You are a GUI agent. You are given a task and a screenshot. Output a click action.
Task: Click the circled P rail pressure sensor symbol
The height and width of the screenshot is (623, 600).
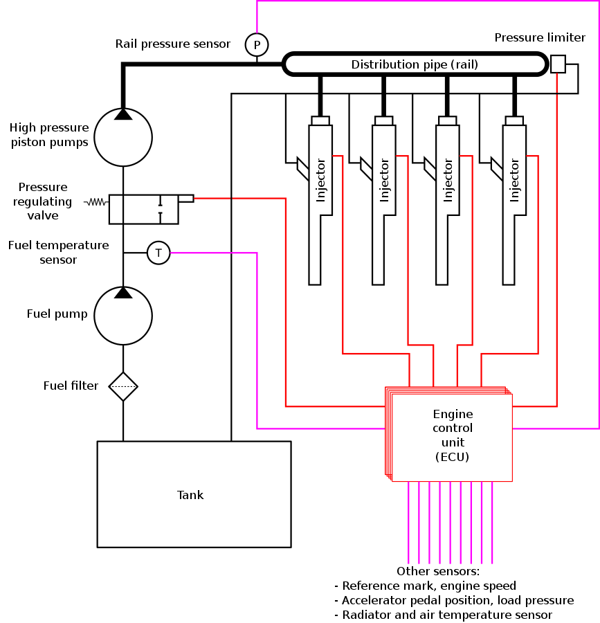point(257,45)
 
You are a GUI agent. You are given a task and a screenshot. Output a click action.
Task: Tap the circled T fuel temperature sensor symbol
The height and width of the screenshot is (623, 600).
point(158,253)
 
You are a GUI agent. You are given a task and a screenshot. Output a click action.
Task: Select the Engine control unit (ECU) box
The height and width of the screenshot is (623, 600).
point(452,437)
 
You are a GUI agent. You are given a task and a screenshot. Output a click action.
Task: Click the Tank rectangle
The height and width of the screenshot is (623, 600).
point(193,494)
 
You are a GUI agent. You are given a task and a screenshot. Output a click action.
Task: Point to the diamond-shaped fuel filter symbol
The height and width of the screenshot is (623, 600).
point(123,386)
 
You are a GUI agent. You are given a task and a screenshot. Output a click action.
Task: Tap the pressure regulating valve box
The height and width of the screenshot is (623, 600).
point(143,209)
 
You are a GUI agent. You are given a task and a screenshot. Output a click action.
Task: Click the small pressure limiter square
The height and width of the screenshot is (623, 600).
point(558,64)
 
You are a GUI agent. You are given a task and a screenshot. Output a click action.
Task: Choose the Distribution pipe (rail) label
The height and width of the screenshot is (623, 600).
point(415,65)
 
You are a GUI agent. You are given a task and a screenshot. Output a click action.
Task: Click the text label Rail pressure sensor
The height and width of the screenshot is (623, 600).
point(172,44)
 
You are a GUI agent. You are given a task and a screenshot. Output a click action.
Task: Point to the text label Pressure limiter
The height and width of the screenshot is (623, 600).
point(540,37)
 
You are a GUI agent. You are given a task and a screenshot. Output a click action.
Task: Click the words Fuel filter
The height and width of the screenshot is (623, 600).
point(71,386)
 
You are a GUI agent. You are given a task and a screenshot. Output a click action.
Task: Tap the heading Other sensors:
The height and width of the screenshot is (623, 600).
point(437,572)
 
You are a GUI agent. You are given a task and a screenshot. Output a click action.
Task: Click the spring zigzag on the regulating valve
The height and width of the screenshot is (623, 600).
point(95,203)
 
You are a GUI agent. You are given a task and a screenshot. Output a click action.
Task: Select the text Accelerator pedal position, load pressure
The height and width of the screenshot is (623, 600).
point(457,600)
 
